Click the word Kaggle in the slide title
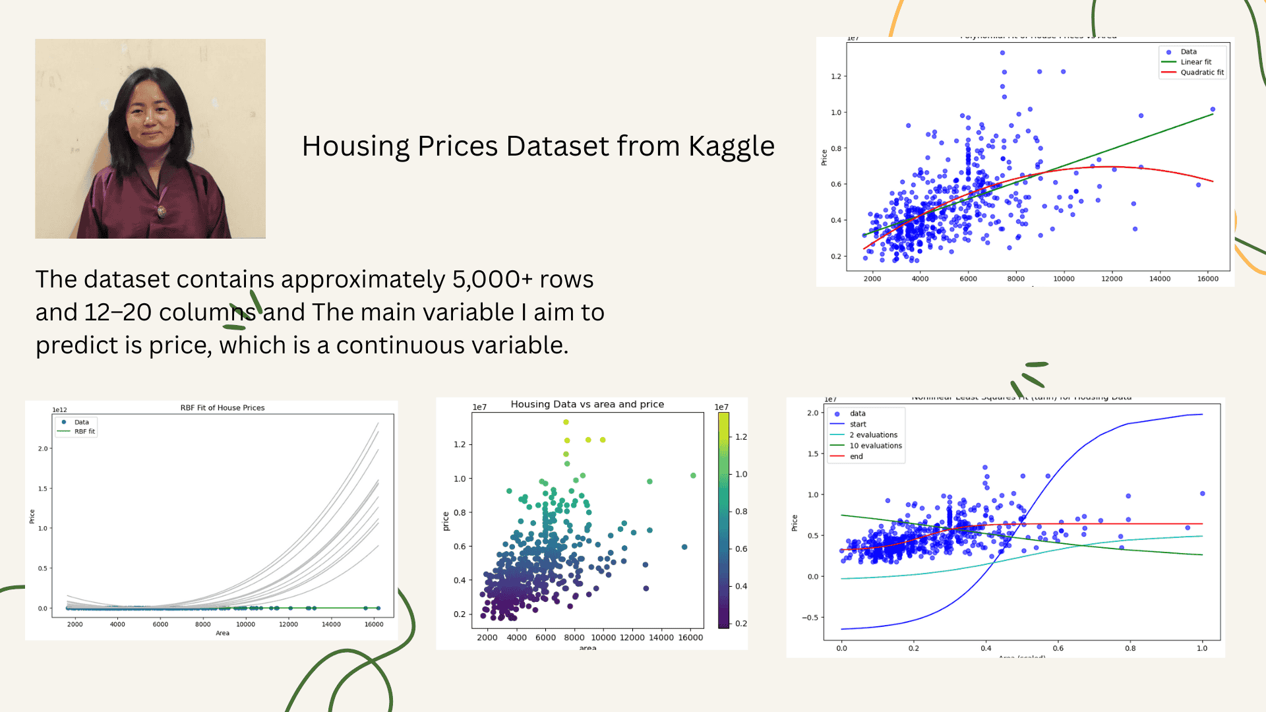pyautogui.click(x=731, y=146)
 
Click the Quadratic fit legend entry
pyautogui.click(x=1201, y=73)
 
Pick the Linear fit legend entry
pyautogui.click(x=1195, y=62)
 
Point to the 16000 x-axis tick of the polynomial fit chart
pyautogui.click(x=1207, y=279)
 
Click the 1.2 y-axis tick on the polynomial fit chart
pyautogui.click(x=835, y=76)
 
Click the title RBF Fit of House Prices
pyautogui.click(x=222, y=408)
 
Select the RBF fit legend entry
pyautogui.click(x=84, y=432)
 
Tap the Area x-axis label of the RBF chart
pyautogui.click(x=222, y=634)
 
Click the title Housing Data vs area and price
pyautogui.click(x=587, y=404)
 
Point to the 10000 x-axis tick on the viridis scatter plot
pyautogui.click(x=603, y=638)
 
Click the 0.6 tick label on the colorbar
pyautogui.click(x=741, y=549)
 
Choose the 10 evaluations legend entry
pyautogui.click(x=875, y=446)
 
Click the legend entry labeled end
pyautogui.click(x=856, y=456)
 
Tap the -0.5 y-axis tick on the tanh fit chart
pyautogui.click(x=810, y=618)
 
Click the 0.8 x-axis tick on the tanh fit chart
pyautogui.click(x=1130, y=648)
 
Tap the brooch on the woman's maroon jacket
pyautogui.click(x=162, y=212)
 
